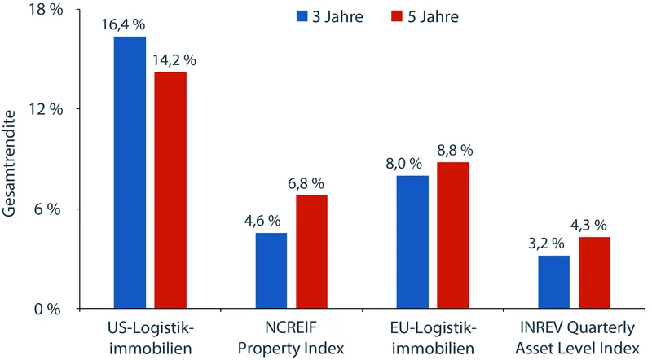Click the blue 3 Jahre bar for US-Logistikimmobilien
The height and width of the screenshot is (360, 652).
click(x=130, y=173)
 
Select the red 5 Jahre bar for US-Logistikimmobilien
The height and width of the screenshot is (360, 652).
click(x=170, y=191)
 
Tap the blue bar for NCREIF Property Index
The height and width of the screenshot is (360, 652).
click(x=271, y=270)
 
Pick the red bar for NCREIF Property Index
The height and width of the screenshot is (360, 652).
click(x=311, y=252)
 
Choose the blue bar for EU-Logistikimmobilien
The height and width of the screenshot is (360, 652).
click(x=412, y=242)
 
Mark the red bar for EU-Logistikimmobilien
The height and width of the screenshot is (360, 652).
click(x=452, y=235)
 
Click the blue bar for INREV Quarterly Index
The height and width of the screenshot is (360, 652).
click(x=554, y=282)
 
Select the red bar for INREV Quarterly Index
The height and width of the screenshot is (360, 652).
click(x=593, y=273)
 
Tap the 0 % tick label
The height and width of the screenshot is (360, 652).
click(x=48, y=309)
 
